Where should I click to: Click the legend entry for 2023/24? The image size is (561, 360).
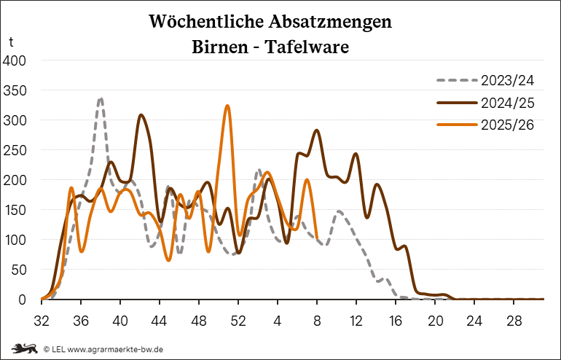[x=507, y=79]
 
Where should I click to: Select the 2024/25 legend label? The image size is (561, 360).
[x=507, y=102]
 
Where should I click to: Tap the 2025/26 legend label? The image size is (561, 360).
[x=507, y=125]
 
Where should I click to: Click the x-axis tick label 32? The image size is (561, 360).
[x=42, y=319]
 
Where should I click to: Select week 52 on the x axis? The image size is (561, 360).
[x=238, y=319]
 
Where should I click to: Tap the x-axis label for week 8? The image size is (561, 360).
[x=317, y=319]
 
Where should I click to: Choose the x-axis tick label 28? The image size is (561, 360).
[x=514, y=319]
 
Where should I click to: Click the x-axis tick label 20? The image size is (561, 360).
[x=435, y=319]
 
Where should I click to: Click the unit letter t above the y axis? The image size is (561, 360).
[x=11, y=42]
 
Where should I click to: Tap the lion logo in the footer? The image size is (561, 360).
[x=22, y=349]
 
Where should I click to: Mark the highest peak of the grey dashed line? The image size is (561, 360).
[x=101, y=98]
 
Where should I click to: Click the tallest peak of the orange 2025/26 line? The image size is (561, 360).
[x=227, y=106]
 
